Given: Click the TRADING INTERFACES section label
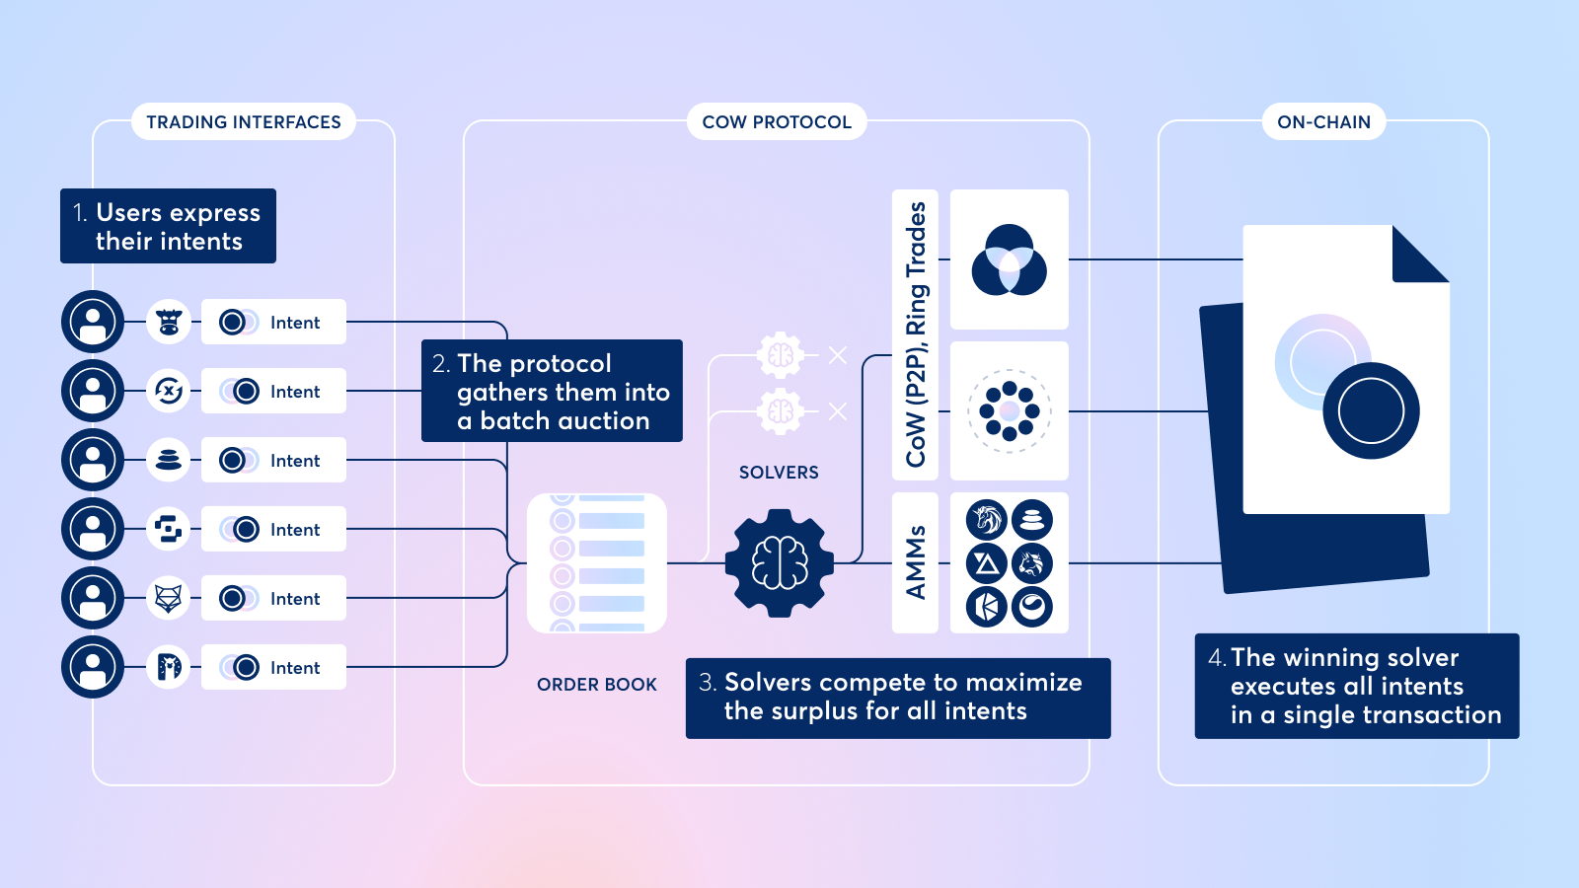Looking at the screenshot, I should coord(243,121).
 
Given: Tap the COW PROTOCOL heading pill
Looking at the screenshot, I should coord(776,121).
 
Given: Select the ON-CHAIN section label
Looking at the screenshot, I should coord(1323,121).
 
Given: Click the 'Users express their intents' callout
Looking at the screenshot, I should coord(168,226).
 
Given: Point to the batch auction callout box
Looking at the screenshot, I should coord(552,391).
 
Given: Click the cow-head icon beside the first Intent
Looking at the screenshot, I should coord(169,322).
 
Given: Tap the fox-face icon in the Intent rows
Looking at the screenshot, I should coord(169,598).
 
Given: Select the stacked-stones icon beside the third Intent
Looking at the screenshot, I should coord(169,460).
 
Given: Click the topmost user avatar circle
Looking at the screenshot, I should coord(93,322).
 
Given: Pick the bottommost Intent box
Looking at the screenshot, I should coord(273,667).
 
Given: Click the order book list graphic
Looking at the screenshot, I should coord(597,563).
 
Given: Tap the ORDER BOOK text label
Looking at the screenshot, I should coord(596,684).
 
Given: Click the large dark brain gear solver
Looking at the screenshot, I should coord(780,563).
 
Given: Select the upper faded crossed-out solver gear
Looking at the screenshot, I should coord(781,355).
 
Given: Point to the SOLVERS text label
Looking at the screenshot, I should coord(779,473).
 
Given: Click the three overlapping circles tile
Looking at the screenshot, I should coord(1009,259).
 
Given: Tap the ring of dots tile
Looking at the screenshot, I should coord(1009,410).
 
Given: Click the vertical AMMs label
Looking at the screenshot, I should coord(915,562).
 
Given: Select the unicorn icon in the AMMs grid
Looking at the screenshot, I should coord(987,519).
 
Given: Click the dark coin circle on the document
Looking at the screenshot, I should coord(1371,410).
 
